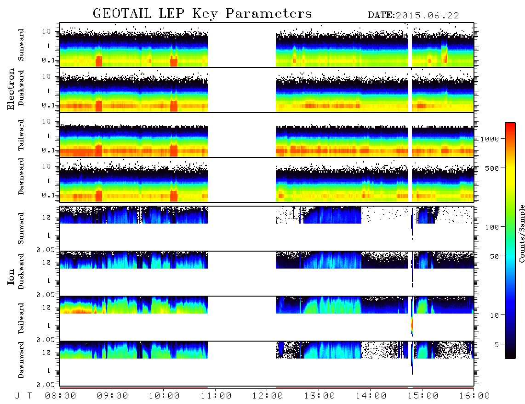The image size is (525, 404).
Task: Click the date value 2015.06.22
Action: tap(427, 16)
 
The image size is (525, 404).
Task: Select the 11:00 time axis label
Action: tap(216, 396)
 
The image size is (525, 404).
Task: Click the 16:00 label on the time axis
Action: tap(474, 396)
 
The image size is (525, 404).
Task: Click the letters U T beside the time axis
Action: tap(23, 396)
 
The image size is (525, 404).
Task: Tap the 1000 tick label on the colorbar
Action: tap(490, 139)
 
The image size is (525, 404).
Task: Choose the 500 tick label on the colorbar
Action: tap(492, 168)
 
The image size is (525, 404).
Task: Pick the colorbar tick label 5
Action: tap(497, 344)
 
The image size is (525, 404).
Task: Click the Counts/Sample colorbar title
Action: tap(521, 233)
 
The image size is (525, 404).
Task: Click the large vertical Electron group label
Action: tap(11, 90)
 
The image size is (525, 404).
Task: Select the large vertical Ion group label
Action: tap(11, 276)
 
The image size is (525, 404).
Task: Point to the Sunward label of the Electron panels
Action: tap(21, 45)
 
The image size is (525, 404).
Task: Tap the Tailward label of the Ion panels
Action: tap(21, 319)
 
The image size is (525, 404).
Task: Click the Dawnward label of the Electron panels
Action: tap(21, 176)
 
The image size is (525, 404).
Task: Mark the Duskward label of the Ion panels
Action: tap(21, 271)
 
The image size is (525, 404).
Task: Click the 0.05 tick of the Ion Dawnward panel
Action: tap(45, 385)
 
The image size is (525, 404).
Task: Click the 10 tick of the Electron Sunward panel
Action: tap(46, 31)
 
